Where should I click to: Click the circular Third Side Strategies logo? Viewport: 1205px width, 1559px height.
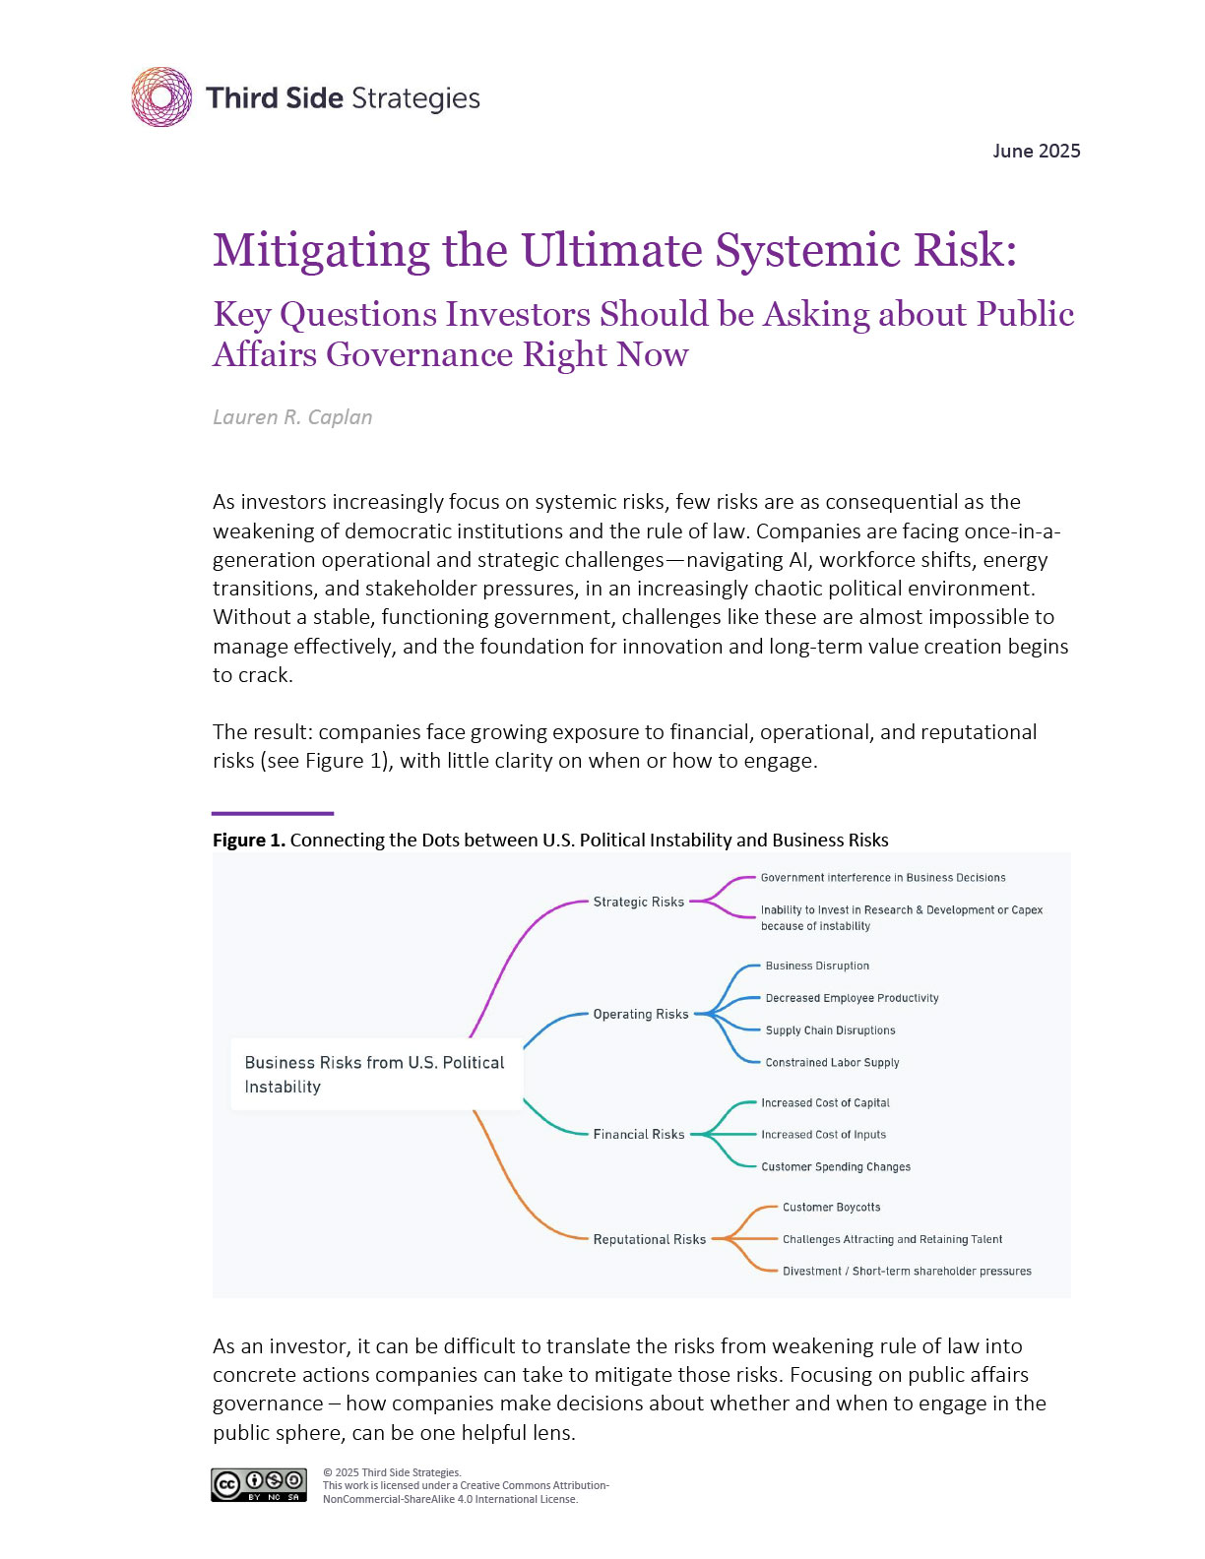[x=161, y=97]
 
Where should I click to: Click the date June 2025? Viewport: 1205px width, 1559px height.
[x=1036, y=151]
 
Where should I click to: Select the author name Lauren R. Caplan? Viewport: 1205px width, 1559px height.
[x=292, y=417]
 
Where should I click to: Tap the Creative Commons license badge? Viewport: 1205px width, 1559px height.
[x=259, y=1485]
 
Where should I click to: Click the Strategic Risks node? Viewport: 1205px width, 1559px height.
[x=638, y=902]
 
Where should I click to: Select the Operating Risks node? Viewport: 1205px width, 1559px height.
[x=640, y=1014]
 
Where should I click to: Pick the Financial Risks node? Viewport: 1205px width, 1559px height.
[x=638, y=1134]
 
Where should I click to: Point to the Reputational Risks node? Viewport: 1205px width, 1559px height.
[x=649, y=1239]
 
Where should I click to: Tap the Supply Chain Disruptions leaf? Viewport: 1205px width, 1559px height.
[x=830, y=1030]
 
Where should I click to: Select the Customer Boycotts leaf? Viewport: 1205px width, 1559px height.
[x=831, y=1207]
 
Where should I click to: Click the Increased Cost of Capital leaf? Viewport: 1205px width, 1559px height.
[x=825, y=1102]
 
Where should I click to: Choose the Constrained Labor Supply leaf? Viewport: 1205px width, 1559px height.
[x=832, y=1062]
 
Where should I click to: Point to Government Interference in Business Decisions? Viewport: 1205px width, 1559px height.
[x=882, y=877]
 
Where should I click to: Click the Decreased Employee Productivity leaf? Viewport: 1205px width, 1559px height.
[x=852, y=998]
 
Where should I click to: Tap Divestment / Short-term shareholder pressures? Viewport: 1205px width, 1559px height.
[x=907, y=1271]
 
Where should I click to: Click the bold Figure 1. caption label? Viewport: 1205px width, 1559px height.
[x=249, y=840]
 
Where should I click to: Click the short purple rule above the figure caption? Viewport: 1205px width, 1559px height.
[x=273, y=813]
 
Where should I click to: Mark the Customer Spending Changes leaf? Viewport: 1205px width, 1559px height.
[x=835, y=1166]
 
